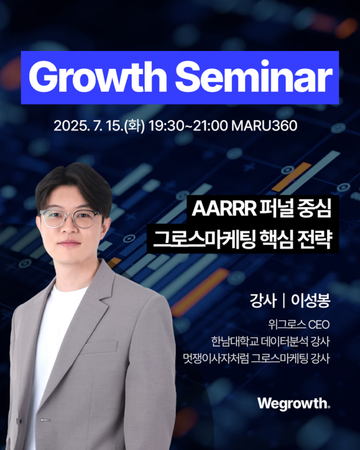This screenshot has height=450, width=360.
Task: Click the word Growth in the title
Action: click(x=98, y=77)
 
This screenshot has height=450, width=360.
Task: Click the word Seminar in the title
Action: click(x=254, y=77)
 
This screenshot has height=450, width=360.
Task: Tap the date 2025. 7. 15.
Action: click(x=88, y=126)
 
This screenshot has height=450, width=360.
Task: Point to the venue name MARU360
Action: click(x=264, y=126)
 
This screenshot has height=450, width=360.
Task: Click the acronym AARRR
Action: click(x=224, y=209)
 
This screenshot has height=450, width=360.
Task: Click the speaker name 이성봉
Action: click(x=311, y=301)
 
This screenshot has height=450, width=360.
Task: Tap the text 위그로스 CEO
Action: click(x=299, y=325)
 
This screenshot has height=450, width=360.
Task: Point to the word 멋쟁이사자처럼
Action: click(x=215, y=358)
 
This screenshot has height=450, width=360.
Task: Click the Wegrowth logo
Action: click(x=293, y=404)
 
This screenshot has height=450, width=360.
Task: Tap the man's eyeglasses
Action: click(x=70, y=218)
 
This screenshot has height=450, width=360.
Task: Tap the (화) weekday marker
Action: click(x=134, y=126)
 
